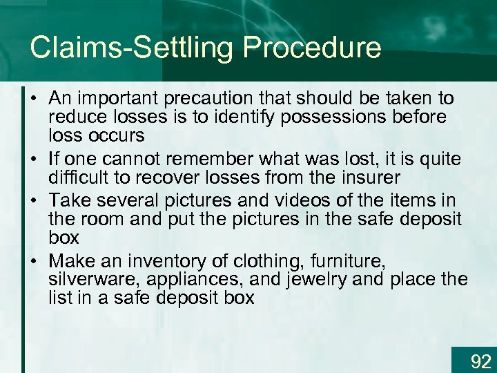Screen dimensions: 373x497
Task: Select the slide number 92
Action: coord(480,361)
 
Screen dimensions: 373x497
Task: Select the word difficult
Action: coord(84,178)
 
